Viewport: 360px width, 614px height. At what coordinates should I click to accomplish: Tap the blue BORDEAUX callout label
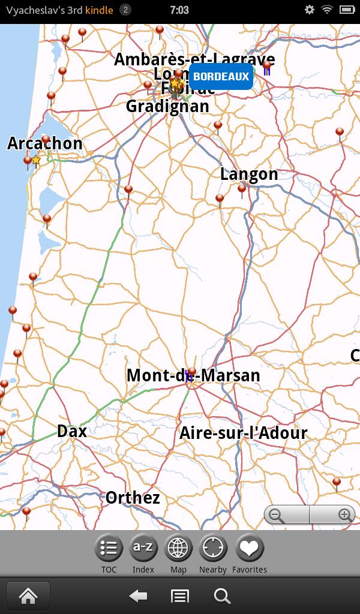(x=221, y=77)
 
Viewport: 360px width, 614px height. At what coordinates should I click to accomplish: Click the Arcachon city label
(x=45, y=143)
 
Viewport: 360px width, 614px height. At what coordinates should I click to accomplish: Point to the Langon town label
(x=249, y=174)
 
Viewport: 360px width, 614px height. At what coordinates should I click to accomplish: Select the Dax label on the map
(x=72, y=431)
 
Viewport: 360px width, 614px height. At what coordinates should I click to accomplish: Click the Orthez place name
(x=133, y=498)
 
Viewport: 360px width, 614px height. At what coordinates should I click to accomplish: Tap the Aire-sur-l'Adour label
(x=244, y=433)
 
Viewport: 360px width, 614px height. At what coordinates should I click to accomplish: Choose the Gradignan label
(x=167, y=107)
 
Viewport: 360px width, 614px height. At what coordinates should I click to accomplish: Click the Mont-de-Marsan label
(x=193, y=375)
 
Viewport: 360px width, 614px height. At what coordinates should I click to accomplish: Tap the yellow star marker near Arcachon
(x=36, y=160)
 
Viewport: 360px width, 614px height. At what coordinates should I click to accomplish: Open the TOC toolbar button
(x=109, y=548)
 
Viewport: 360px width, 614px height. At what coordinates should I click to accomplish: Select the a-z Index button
(x=143, y=548)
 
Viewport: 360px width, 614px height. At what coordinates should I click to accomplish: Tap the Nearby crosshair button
(x=213, y=548)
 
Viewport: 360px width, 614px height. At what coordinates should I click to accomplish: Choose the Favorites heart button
(x=250, y=548)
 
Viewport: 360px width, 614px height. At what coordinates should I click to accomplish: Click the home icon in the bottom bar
(x=28, y=596)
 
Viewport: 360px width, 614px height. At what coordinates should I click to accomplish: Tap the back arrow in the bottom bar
(x=139, y=596)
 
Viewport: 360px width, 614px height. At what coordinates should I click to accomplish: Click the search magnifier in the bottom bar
(x=222, y=596)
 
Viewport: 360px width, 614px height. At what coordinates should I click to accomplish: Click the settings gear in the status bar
(x=310, y=10)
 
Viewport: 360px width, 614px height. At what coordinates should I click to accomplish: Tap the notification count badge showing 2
(x=125, y=10)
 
